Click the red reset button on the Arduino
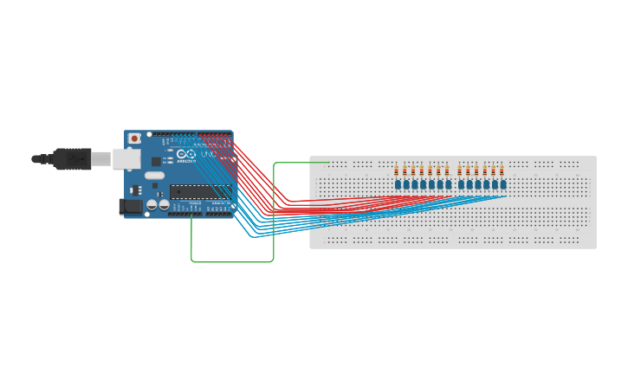point(134,138)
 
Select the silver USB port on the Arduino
point(127,158)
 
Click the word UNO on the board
point(209,154)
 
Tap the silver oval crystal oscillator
point(154,176)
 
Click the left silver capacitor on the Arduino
point(152,205)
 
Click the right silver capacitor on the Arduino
point(163,205)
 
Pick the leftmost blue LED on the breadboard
point(398,184)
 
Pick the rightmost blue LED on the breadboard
point(502,184)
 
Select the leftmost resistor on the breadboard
point(397,170)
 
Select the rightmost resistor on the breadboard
point(502,170)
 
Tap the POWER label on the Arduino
point(193,203)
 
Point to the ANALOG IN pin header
point(221,210)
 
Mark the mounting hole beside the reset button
point(149,134)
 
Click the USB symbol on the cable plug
point(76,159)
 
